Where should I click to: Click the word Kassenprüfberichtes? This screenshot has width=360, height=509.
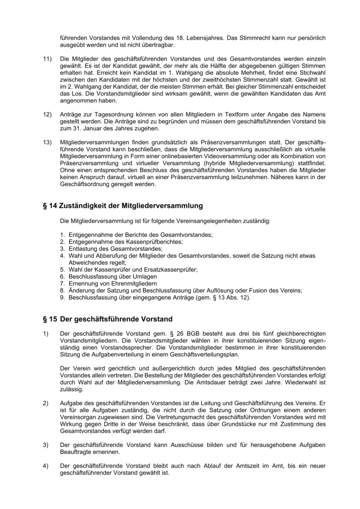[154, 241]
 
